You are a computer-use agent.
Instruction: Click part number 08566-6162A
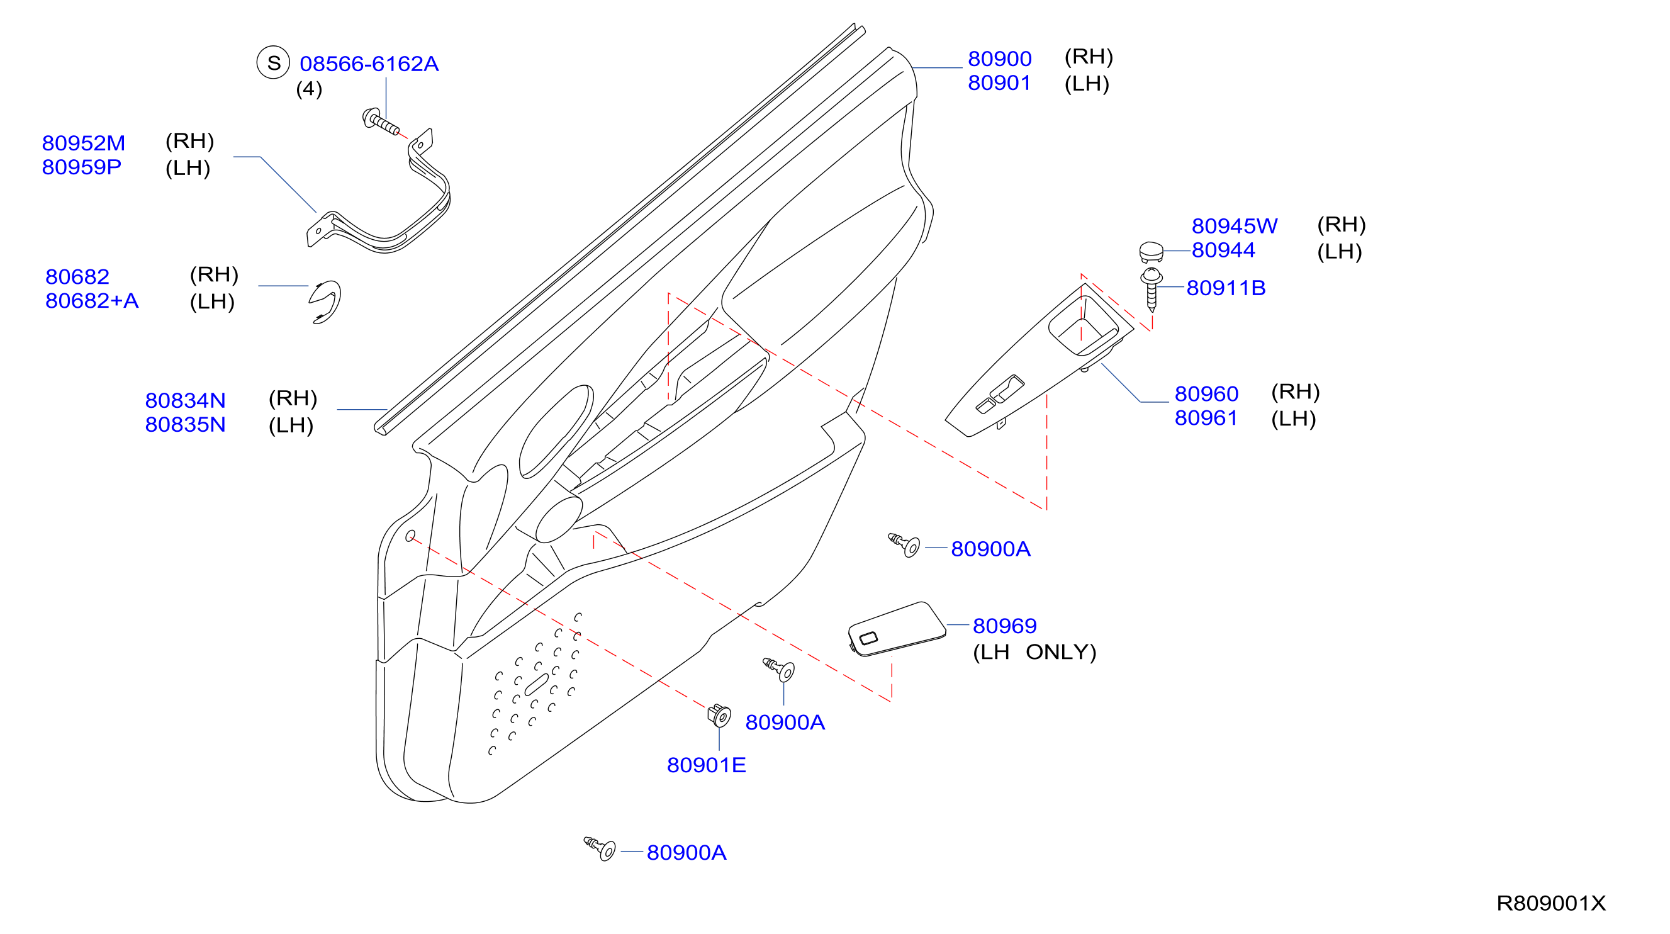pos(369,64)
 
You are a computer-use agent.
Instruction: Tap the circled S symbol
pos(273,62)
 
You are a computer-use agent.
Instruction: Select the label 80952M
pos(84,143)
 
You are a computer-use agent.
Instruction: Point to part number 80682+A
pos(92,300)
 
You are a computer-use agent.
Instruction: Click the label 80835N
pos(186,424)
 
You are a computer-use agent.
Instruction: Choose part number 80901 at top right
pos(999,83)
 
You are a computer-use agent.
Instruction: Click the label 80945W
pos(1235,226)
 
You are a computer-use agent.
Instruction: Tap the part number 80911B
pos(1226,288)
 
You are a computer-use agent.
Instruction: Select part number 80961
pos(1206,418)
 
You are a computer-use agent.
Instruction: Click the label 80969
pos(1004,626)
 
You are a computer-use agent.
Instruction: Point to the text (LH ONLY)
pos(1034,652)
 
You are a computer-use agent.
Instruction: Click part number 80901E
pos(706,765)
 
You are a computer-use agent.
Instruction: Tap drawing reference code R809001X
pos(1550,904)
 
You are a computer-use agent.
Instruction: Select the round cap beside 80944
pos(1152,252)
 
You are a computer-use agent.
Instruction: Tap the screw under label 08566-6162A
pos(381,121)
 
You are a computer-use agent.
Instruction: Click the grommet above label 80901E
pos(719,716)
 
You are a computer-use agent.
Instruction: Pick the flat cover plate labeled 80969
pos(897,629)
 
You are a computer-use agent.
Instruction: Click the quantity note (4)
pos(309,89)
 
